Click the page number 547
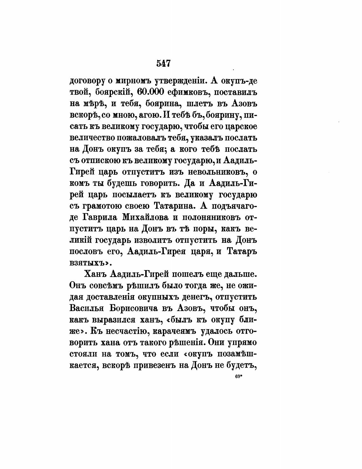pyautogui.click(x=164, y=63)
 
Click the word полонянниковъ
pyautogui.click(x=216, y=217)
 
